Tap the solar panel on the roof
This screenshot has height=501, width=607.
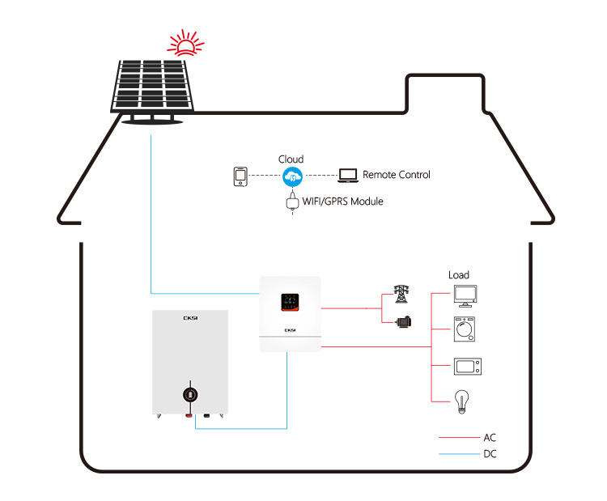pyautogui.click(x=151, y=87)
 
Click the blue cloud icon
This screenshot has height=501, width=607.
pyautogui.click(x=291, y=176)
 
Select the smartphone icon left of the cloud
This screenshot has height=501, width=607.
pyautogui.click(x=240, y=176)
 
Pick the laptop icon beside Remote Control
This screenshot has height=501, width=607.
pyautogui.click(x=348, y=175)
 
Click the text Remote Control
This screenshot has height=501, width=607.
pyautogui.click(x=396, y=175)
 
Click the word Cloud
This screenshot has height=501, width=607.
pyautogui.click(x=291, y=159)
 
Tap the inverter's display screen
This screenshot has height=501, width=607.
pyautogui.click(x=289, y=302)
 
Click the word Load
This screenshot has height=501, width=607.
pyautogui.click(x=459, y=275)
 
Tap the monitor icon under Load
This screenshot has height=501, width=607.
pyautogui.click(x=465, y=295)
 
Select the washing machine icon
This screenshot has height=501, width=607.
pyautogui.click(x=465, y=329)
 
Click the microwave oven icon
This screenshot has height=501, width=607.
pyautogui.click(x=465, y=366)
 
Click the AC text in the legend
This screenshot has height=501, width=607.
pyautogui.click(x=489, y=437)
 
